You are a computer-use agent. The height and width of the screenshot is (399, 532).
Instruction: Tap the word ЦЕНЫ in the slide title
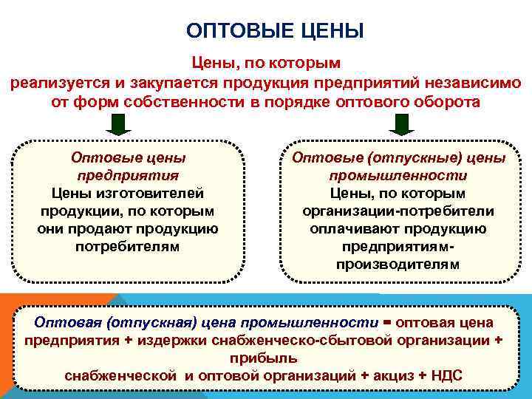(x=328, y=32)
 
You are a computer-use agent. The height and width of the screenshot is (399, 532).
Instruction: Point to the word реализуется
(x=53, y=83)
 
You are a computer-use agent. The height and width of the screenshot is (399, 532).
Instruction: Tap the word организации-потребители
(x=398, y=211)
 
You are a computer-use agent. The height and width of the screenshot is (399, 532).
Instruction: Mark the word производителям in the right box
(x=398, y=265)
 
